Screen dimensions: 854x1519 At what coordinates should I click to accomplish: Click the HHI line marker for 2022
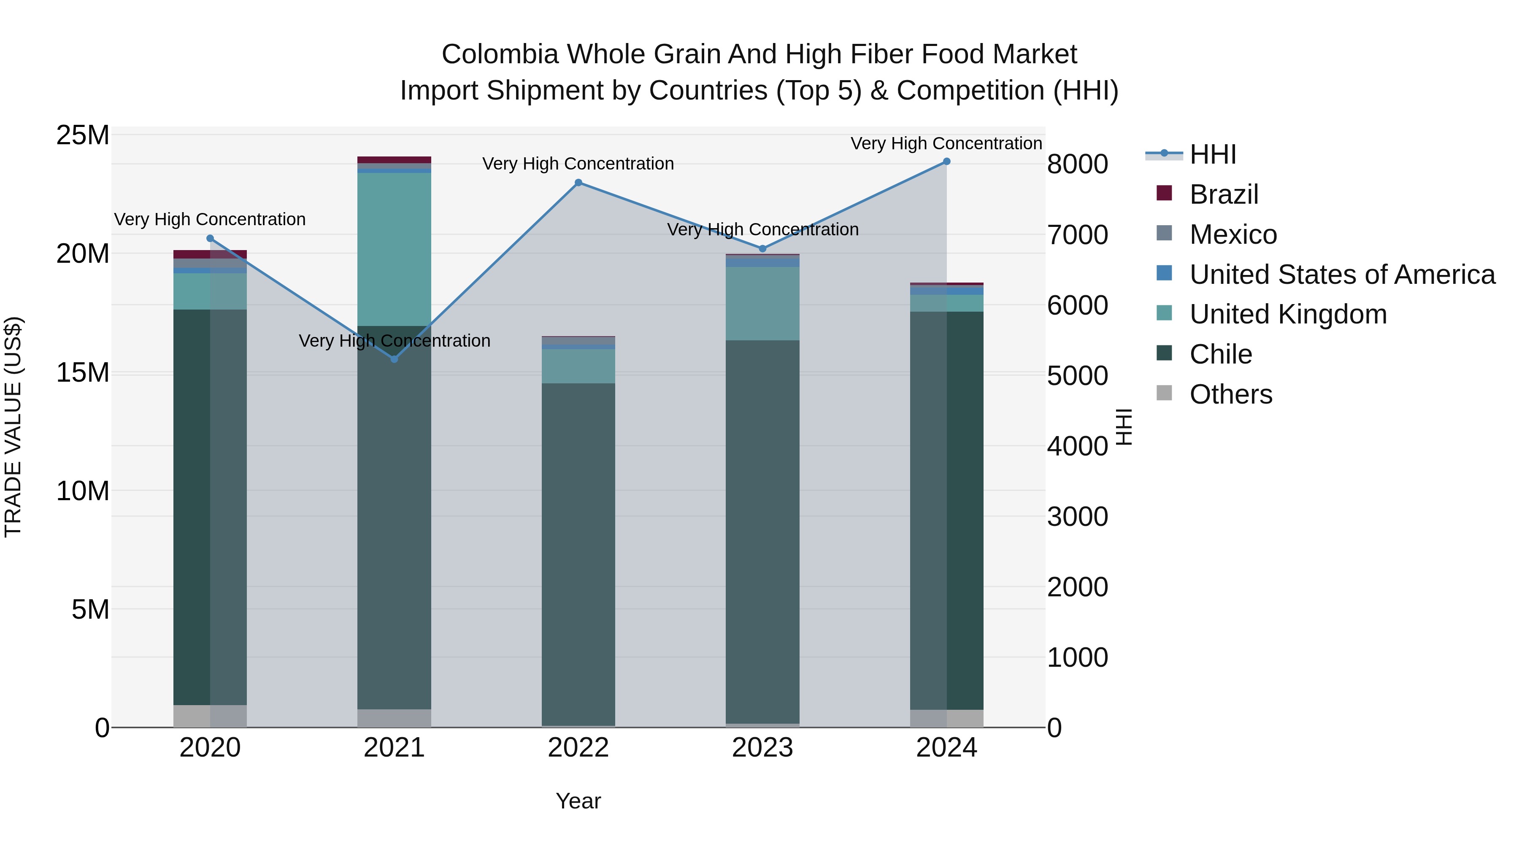click(x=578, y=183)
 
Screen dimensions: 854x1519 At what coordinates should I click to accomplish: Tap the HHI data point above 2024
click(x=946, y=162)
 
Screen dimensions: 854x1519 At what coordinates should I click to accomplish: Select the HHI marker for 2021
click(x=395, y=359)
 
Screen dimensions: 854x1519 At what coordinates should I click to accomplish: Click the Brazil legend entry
click(x=1224, y=194)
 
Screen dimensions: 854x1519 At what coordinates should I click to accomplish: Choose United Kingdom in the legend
click(x=1287, y=314)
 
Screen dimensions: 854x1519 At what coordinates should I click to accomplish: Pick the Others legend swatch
click(x=1164, y=393)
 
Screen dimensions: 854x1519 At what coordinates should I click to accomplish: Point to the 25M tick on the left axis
click(x=83, y=135)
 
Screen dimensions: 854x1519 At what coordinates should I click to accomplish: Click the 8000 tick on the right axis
click(x=1077, y=164)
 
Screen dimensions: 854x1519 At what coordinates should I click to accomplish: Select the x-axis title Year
click(x=578, y=801)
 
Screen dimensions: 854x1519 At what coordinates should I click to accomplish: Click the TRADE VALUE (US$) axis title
click(x=13, y=427)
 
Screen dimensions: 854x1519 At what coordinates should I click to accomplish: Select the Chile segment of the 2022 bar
click(x=578, y=554)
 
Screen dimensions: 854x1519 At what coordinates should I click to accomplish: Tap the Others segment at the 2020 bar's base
click(x=210, y=716)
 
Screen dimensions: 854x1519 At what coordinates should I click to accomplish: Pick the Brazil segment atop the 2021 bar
click(x=394, y=160)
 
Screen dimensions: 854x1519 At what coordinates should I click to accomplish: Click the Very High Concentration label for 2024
click(x=946, y=143)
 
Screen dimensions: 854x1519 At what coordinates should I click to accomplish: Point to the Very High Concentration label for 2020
click(x=210, y=219)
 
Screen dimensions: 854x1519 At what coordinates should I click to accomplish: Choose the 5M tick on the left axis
click(x=90, y=609)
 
